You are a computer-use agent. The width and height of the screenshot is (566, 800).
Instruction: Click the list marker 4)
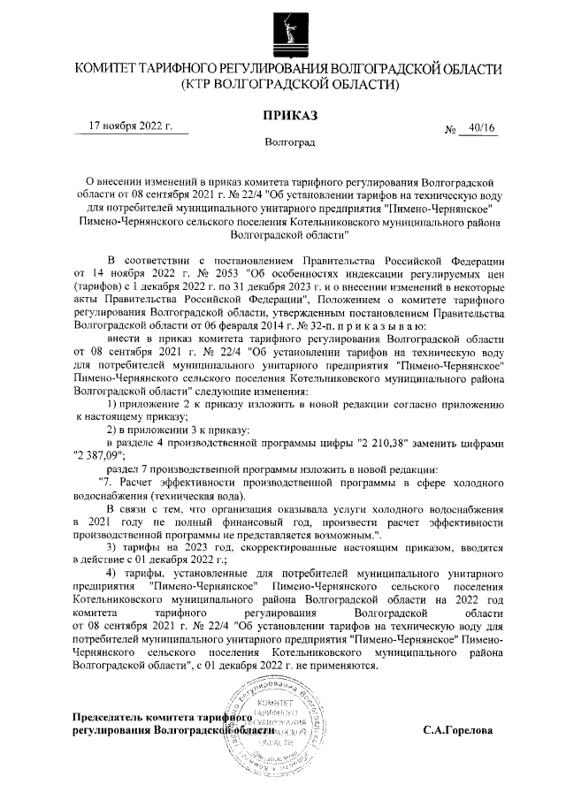click(x=112, y=575)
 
